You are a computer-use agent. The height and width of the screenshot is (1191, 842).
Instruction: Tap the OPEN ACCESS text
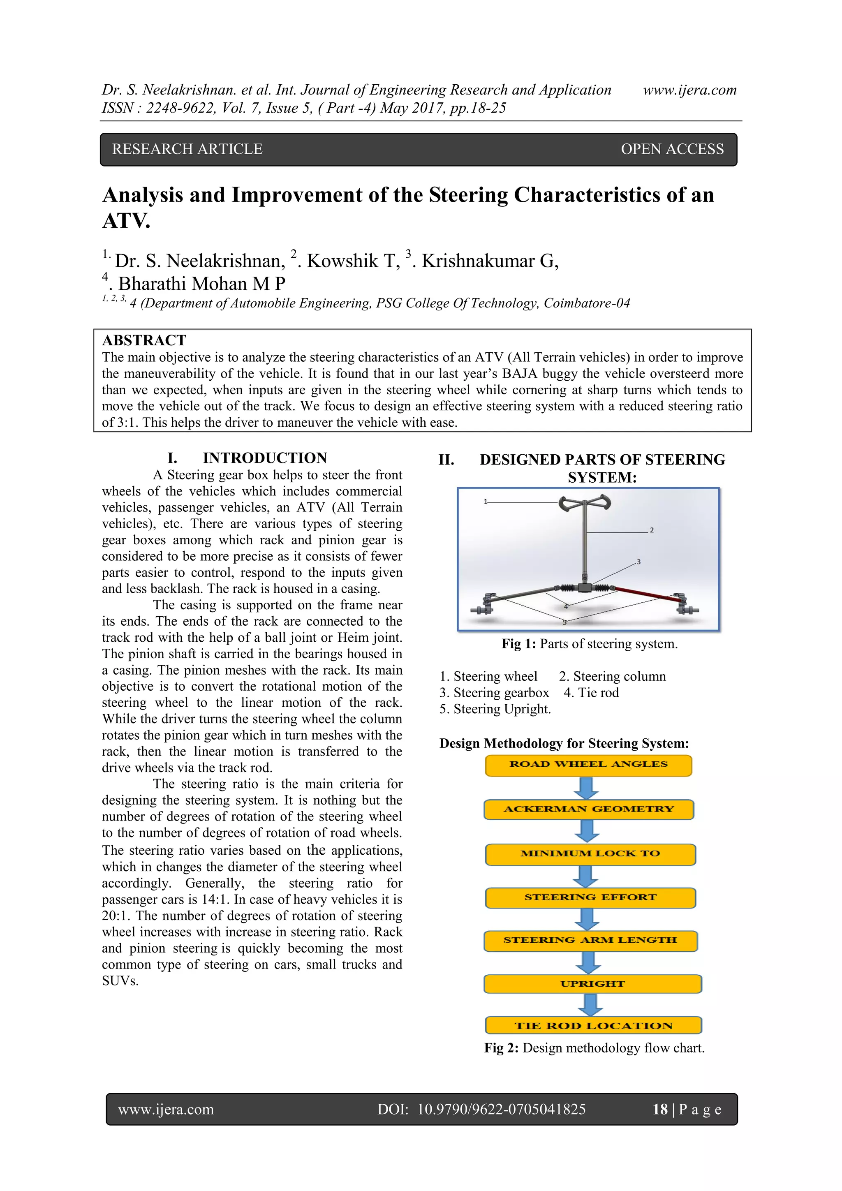tap(672, 149)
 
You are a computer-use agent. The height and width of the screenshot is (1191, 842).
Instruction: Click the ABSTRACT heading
tap(144, 340)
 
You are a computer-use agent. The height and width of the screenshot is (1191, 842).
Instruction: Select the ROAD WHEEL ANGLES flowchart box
tap(588, 765)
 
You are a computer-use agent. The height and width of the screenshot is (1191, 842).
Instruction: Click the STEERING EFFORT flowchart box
tap(590, 898)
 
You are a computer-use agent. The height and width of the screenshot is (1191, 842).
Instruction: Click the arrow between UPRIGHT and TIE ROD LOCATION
tap(590, 1005)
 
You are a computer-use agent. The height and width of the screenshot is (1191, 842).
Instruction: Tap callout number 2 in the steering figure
tap(652, 530)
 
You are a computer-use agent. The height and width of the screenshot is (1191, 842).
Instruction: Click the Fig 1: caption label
tap(519, 644)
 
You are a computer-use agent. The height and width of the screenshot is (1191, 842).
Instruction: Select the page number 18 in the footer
tap(660, 1109)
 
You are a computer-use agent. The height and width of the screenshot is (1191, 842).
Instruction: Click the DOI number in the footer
tap(501, 1109)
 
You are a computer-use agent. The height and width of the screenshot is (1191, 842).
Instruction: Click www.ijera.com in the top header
tap(689, 90)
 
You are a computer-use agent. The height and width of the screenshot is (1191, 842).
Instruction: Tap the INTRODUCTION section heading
tap(265, 458)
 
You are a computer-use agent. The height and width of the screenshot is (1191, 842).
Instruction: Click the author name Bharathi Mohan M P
tap(201, 284)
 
